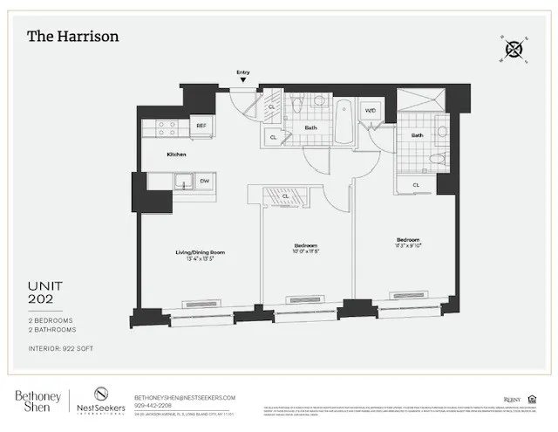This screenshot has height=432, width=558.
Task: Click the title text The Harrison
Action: tap(72, 36)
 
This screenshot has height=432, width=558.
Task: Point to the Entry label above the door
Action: tap(242, 73)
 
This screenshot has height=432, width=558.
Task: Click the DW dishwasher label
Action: tap(204, 182)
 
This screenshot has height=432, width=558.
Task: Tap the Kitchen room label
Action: tap(177, 154)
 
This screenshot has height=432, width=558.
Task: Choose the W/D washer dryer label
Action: tap(370, 111)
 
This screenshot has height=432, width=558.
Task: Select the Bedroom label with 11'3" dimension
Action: tap(408, 240)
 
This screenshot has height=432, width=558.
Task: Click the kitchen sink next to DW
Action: tap(184, 182)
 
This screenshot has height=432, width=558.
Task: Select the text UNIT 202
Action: tap(44, 292)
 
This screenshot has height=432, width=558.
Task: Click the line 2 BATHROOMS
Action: tap(52, 330)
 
